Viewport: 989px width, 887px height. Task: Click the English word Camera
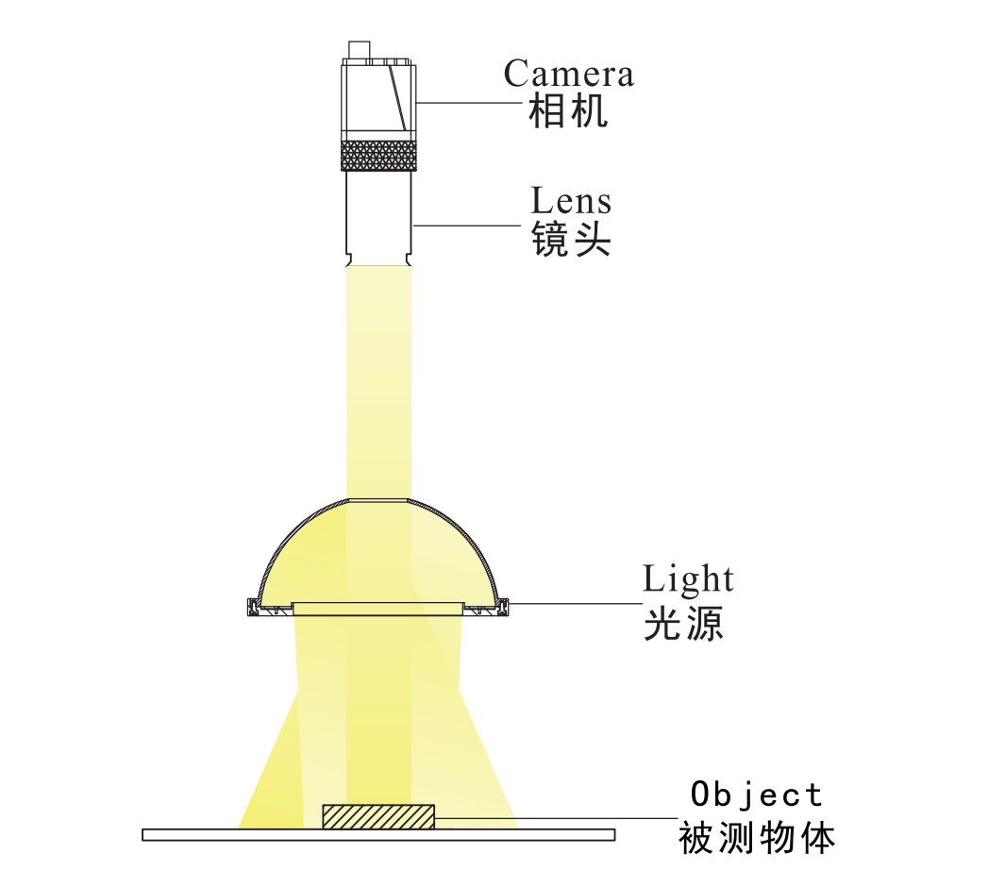click(568, 74)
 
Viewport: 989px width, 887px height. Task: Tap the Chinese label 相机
click(568, 111)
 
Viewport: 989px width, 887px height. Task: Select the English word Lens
click(571, 201)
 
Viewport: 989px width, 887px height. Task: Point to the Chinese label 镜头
click(571, 239)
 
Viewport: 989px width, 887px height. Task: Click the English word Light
click(688, 579)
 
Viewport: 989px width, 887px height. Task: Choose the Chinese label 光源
click(683, 624)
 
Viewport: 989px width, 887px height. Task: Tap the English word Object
click(756, 795)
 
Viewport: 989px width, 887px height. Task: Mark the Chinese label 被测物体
click(756, 839)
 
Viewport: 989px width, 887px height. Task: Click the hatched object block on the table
click(378, 816)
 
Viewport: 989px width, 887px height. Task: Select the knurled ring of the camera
click(378, 156)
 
